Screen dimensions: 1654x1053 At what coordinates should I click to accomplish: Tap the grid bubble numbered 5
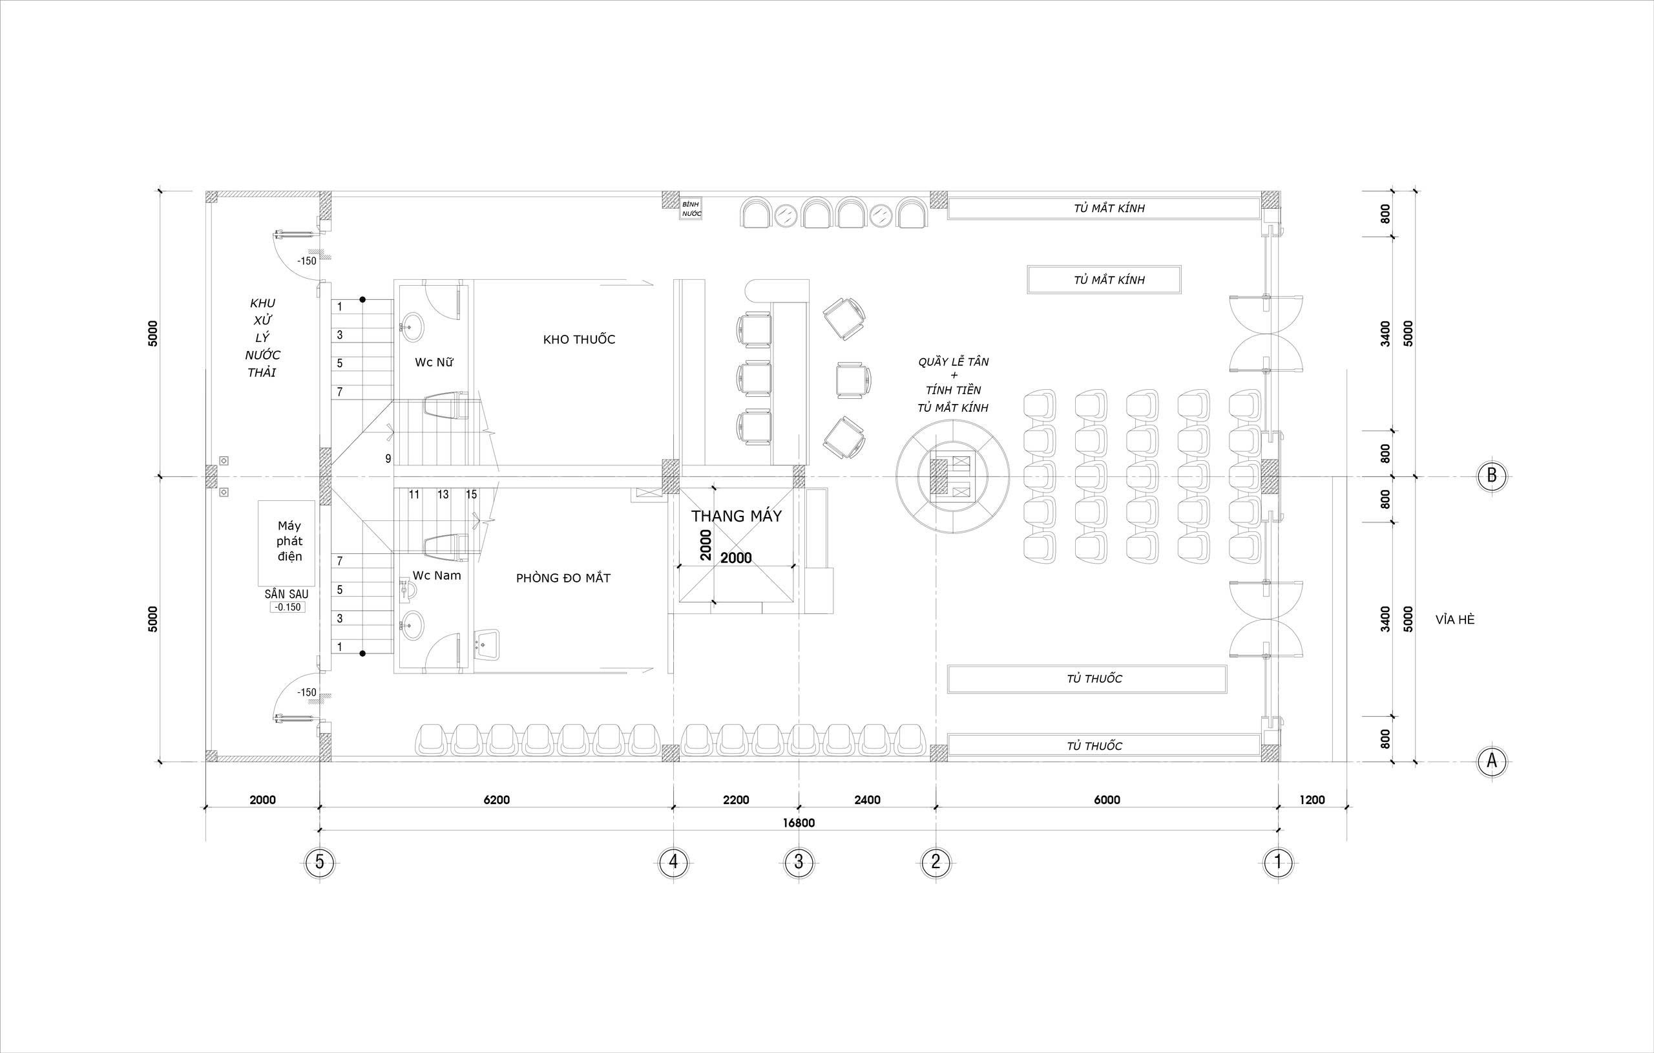pyautogui.click(x=319, y=862)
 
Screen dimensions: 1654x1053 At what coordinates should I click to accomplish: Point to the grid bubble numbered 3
pyautogui.click(x=798, y=862)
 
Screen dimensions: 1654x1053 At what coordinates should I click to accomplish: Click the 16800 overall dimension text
pyautogui.click(x=798, y=823)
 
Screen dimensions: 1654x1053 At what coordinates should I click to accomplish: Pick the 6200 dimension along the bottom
pyautogui.click(x=497, y=800)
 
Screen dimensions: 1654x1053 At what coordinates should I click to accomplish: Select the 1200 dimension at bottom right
pyautogui.click(x=1312, y=800)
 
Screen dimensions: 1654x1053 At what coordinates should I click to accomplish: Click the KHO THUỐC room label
pyautogui.click(x=579, y=339)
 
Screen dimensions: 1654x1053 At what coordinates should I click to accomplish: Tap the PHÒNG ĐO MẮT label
pyautogui.click(x=563, y=578)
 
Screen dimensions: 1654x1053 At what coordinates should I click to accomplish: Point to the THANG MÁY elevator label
pyautogui.click(x=737, y=516)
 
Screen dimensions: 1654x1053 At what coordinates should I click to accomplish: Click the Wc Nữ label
pyautogui.click(x=434, y=362)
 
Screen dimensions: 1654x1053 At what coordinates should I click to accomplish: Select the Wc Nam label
pyautogui.click(x=436, y=575)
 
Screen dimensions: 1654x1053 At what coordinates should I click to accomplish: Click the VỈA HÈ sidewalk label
pyautogui.click(x=1455, y=619)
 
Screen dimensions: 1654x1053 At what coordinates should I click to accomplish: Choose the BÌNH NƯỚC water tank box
pyautogui.click(x=691, y=209)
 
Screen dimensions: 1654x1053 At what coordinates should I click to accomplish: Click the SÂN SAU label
pyautogui.click(x=286, y=594)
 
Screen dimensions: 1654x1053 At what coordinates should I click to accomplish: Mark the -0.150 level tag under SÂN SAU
pyautogui.click(x=287, y=607)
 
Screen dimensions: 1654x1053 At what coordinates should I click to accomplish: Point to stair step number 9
pyautogui.click(x=388, y=458)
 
